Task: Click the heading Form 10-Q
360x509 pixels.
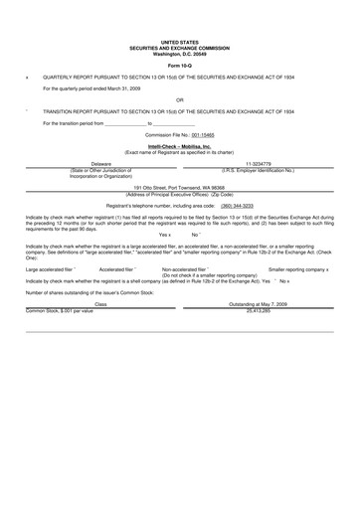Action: click(x=180, y=65)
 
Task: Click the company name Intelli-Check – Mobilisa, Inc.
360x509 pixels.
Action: click(x=180, y=145)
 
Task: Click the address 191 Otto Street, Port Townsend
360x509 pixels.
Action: click(x=180, y=186)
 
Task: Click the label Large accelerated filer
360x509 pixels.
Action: click(x=47, y=269)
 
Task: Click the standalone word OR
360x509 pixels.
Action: click(x=180, y=99)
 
